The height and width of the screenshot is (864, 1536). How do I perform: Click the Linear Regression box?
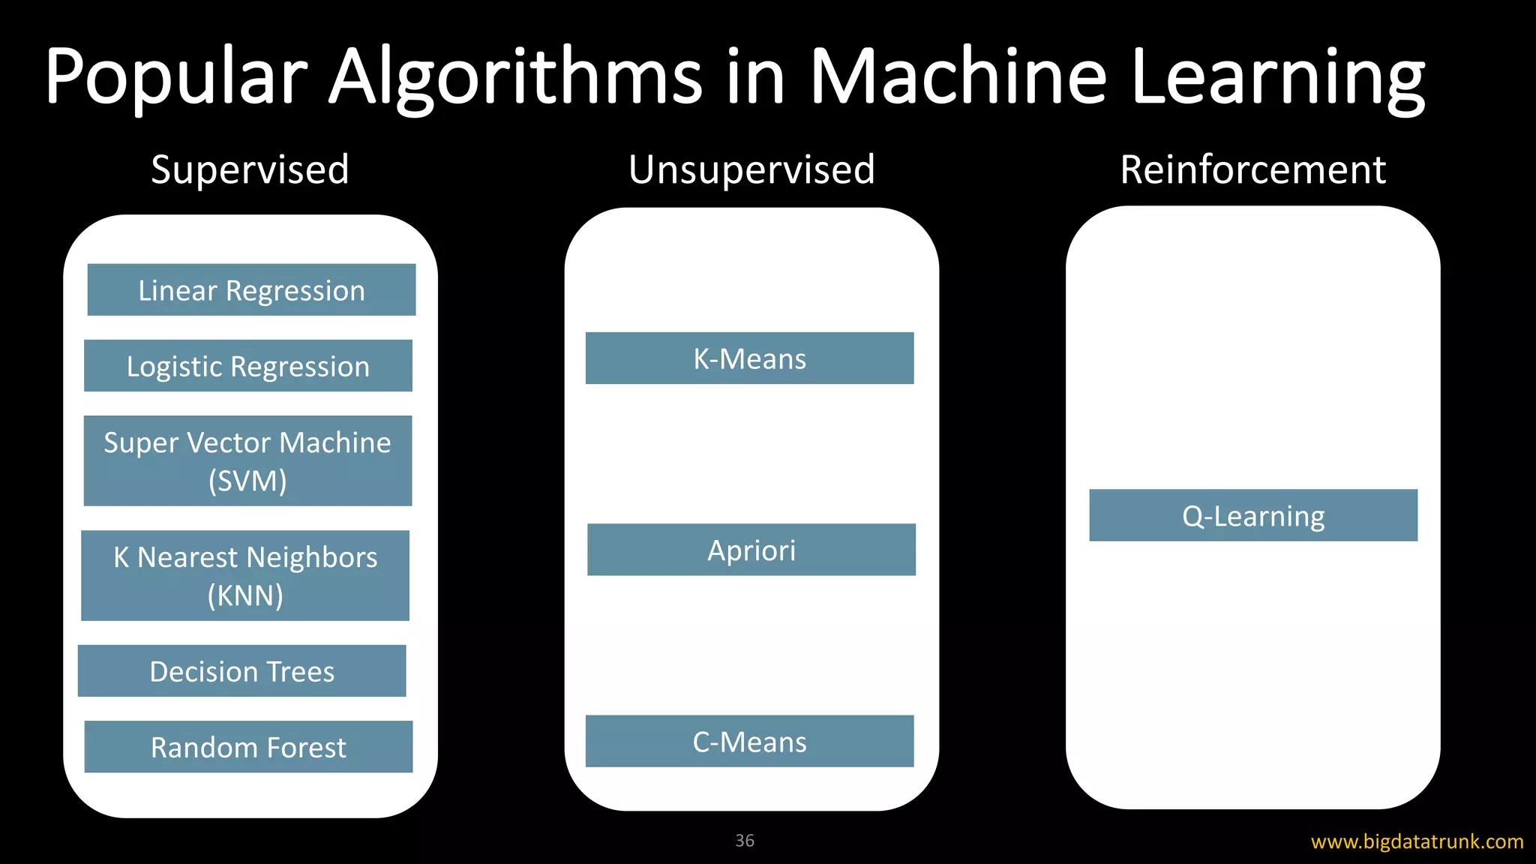(251, 289)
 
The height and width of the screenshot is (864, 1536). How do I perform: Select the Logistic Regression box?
(247, 366)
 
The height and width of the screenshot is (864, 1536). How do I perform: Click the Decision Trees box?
(241, 671)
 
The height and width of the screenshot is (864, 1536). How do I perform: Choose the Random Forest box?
(248, 747)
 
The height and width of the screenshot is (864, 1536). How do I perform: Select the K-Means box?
(749, 358)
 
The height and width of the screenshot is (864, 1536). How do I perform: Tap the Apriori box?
(751, 550)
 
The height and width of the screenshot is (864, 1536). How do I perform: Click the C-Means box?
(749, 742)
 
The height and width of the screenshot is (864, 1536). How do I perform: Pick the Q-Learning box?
(1253, 516)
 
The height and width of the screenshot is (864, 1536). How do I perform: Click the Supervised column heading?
(250, 169)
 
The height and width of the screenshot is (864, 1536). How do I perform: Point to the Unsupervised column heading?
(751, 169)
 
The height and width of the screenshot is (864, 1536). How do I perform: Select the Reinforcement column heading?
(1252, 169)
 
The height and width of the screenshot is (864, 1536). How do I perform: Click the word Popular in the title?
(176, 76)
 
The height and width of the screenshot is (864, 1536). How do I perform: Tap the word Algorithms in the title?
(516, 76)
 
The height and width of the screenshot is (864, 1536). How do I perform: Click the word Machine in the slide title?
(958, 76)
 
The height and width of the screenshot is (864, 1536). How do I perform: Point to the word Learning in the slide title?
(1277, 76)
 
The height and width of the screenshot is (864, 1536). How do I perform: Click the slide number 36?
(745, 841)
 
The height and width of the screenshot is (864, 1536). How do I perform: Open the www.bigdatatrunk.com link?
(1417, 841)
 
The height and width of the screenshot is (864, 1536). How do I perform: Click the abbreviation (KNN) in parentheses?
(245, 595)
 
